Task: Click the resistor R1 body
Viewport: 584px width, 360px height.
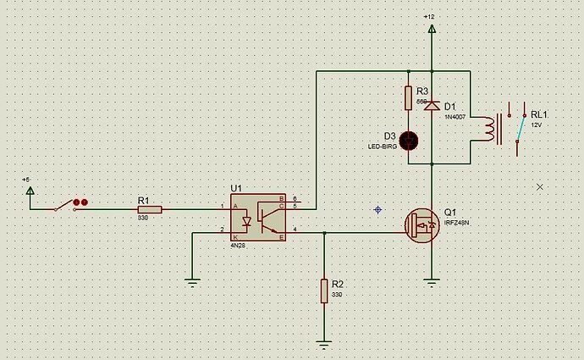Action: point(149,208)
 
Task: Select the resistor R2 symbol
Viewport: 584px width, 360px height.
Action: point(324,291)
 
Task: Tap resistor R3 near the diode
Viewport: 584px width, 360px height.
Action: point(409,97)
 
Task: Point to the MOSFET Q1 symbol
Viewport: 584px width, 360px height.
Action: point(423,225)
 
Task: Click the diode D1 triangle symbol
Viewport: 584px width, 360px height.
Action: point(432,105)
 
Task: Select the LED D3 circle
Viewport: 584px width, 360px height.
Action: point(409,140)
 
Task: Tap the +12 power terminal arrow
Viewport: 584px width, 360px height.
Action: point(432,29)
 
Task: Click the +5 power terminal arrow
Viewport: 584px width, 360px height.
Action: point(30,191)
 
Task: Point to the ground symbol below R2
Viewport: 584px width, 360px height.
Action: point(324,344)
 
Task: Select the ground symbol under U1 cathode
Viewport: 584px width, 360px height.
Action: point(193,283)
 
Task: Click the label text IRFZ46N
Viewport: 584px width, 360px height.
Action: point(456,223)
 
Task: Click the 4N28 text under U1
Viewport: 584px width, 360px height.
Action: point(239,246)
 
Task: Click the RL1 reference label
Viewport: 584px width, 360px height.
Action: point(538,114)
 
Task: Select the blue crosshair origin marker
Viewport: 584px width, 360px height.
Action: point(377,208)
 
